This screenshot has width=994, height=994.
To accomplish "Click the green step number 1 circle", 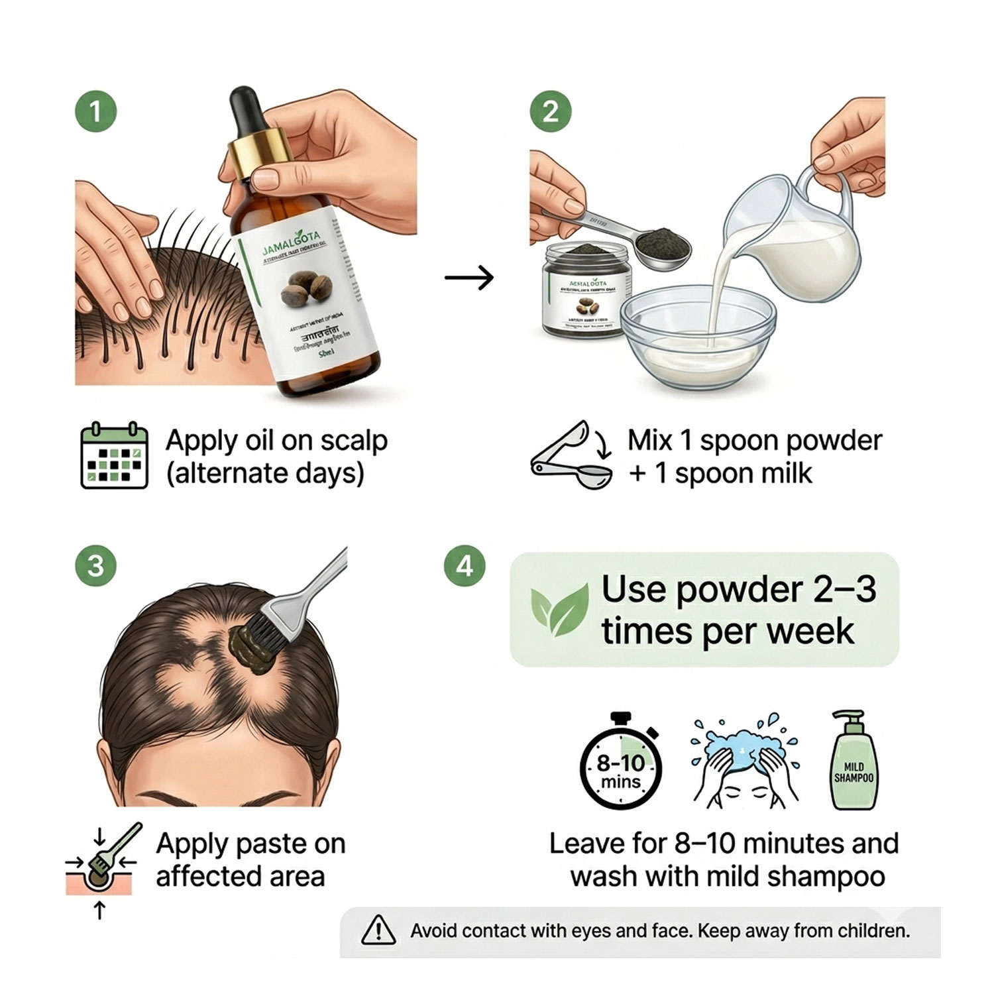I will (x=95, y=111).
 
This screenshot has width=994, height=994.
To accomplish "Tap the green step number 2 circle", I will (x=551, y=111).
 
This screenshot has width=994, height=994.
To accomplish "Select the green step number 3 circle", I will (x=95, y=566).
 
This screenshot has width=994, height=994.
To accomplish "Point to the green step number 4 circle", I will (x=465, y=566).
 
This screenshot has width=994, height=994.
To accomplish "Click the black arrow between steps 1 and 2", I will (x=469, y=277).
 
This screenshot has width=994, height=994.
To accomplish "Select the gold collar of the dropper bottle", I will (x=258, y=156).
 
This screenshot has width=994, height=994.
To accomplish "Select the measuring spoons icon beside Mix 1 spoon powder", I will (x=572, y=456).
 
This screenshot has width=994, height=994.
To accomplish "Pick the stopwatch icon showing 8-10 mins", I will (x=621, y=765).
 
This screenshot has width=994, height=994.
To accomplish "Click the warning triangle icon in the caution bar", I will (x=378, y=930).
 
